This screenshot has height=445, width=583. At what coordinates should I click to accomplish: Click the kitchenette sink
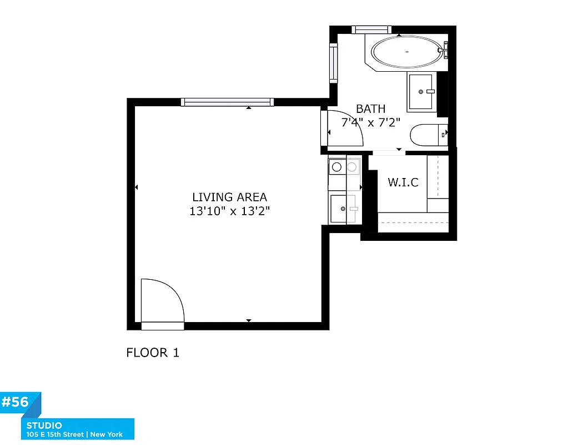[x=340, y=209]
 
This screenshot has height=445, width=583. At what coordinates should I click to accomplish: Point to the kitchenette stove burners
[x=344, y=166]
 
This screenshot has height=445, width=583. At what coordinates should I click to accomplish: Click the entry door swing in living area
[x=161, y=301]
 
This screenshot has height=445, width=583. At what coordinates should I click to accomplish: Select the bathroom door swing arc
[x=344, y=129]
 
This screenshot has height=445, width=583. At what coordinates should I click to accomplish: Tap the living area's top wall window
[x=228, y=102]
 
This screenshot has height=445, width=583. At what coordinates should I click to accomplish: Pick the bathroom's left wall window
[x=333, y=63]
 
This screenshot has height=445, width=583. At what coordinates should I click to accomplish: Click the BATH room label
[x=370, y=109]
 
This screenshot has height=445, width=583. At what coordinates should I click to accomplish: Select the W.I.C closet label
[x=403, y=182]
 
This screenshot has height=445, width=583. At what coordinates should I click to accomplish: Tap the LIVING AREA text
[x=229, y=197]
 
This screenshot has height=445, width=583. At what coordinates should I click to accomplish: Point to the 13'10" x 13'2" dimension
[x=229, y=211]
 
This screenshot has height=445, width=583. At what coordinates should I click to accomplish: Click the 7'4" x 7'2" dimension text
[x=370, y=122]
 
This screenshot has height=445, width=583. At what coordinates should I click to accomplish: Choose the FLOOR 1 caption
[x=153, y=353]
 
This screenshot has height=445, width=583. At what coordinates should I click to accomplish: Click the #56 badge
[x=17, y=402]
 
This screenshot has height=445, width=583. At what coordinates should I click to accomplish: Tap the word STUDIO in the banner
[x=44, y=426]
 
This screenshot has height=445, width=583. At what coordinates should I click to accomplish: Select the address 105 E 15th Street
[x=56, y=434]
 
